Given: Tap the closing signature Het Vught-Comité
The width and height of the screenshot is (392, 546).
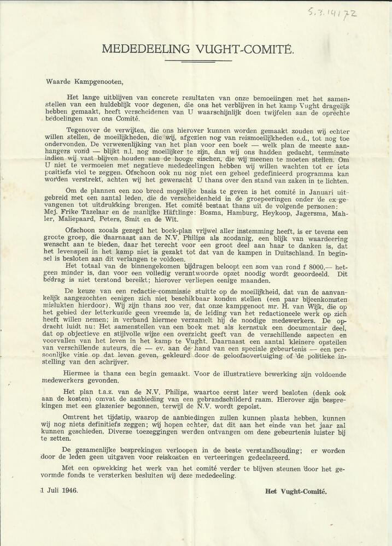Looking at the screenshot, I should [x=296, y=491].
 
